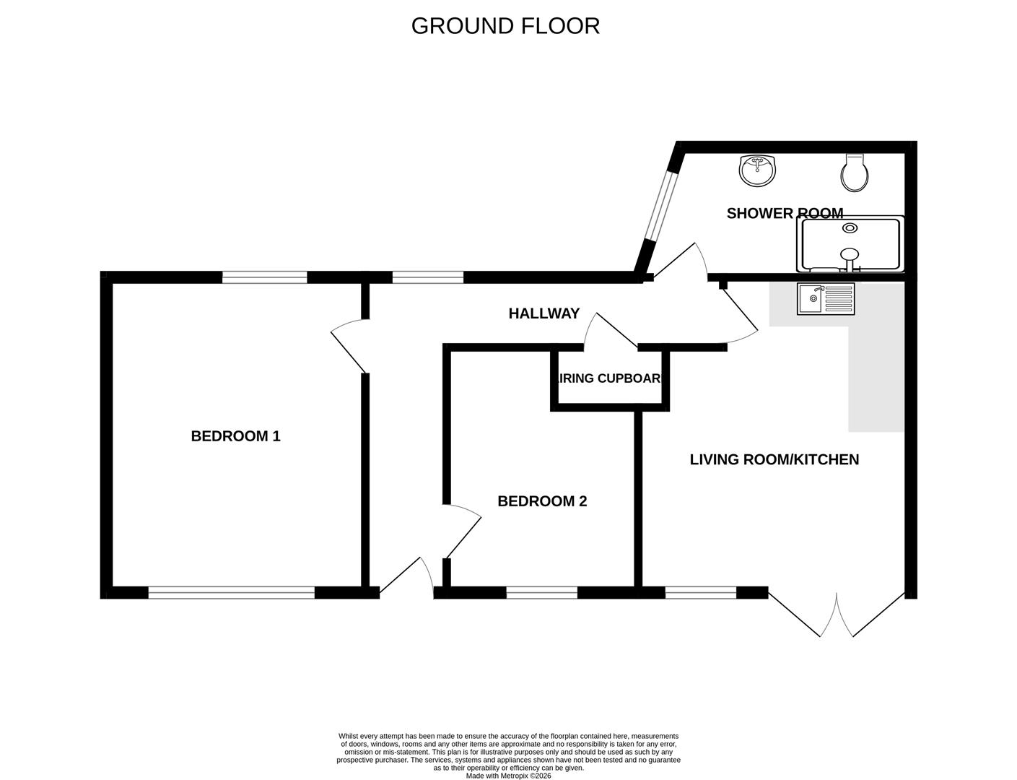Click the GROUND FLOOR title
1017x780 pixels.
[x=505, y=26]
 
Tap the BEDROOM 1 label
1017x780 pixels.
[x=235, y=436]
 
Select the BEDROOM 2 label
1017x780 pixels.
[x=542, y=501]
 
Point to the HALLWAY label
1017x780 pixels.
[x=544, y=313]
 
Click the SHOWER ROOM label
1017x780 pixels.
[x=784, y=214]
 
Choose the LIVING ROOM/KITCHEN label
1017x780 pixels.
[x=774, y=460]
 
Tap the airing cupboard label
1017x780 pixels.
[x=610, y=378]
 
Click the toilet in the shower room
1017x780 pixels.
[x=855, y=173]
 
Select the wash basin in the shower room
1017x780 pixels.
[x=758, y=170]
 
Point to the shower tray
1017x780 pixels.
[x=850, y=244]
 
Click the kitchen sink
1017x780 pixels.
[x=825, y=299]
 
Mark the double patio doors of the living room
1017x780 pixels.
[x=837, y=615]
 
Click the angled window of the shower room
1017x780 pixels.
[x=660, y=206]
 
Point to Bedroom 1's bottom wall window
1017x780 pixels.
[x=232, y=593]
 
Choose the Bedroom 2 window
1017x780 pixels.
[x=541, y=593]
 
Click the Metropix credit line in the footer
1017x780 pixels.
[x=508, y=776]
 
